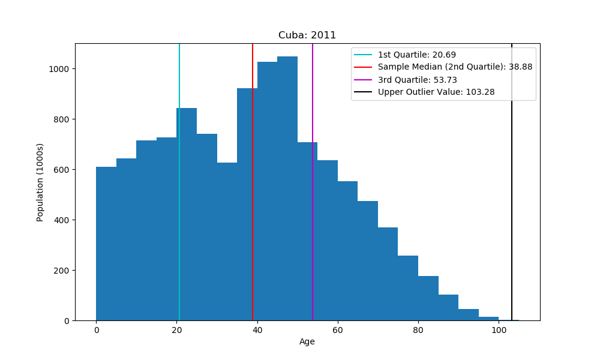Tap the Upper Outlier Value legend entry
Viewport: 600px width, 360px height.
(x=436, y=92)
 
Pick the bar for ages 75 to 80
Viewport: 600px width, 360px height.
(x=408, y=288)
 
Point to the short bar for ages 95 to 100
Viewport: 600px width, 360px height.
(x=488, y=319)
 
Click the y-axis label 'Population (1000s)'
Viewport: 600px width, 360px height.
(x=40, y=182)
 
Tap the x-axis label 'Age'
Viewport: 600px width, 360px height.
(x=307, y=342)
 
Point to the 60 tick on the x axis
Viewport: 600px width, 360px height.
(x=337, y=329)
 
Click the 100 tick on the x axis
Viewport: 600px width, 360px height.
(x=498, y=329)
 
